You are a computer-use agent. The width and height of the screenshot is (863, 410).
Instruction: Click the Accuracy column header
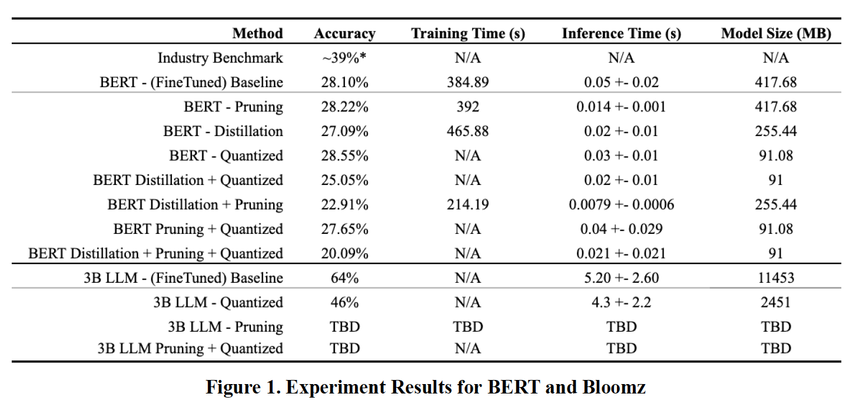pos(344,34)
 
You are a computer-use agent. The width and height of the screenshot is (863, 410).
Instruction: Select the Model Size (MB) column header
pos(776,34)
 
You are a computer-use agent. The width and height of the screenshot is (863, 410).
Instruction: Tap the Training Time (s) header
pos(468,34)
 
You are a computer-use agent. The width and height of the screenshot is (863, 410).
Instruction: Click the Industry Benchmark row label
pos(220,58)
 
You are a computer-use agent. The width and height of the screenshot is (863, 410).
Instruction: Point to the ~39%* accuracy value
pos(344,58)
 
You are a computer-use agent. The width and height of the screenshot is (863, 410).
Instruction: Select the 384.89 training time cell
pos(468,82)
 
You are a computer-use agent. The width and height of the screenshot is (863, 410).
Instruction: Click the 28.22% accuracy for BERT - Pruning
pos(344,107)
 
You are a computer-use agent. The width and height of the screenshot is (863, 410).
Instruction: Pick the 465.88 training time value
pos(468,131)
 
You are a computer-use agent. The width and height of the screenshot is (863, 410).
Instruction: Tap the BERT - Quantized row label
pos(226,156)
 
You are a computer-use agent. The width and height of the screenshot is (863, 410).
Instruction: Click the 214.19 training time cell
pos(468,204)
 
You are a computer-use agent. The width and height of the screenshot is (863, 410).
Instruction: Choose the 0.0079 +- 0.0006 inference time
pos(622,204)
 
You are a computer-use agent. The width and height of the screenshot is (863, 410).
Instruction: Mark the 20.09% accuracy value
pos(344,253)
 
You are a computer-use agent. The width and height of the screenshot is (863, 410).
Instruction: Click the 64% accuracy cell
pos(344,278)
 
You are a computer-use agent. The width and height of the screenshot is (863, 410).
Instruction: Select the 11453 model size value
pos(776,278)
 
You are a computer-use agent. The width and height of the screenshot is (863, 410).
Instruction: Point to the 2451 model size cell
pos(776,302)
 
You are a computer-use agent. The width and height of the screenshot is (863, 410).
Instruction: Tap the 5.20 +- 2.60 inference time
pos(622,278)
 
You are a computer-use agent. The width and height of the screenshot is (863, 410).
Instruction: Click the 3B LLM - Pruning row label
pos(225,327)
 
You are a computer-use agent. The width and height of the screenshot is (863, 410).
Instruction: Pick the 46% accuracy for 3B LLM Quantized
pos(344,302)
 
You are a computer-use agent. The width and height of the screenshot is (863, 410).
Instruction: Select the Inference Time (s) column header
pos(622,34)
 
